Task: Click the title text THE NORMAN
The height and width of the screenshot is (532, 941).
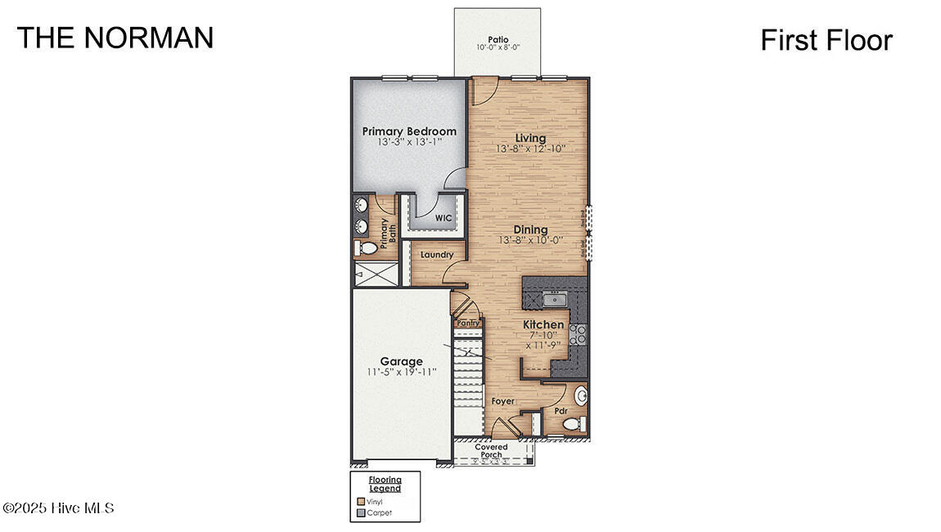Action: tap(115, 38)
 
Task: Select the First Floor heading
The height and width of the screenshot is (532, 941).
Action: tap(826, 40)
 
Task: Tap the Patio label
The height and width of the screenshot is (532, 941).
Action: tap(498, 39)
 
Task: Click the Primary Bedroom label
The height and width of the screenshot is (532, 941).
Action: tap(409, 132)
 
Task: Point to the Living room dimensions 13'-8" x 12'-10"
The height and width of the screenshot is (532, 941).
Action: tap(530, 150)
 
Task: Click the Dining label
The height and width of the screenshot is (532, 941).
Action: tap(530, 230)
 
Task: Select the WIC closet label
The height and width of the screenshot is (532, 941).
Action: tap(443, 218)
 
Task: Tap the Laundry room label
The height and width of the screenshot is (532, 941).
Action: tap(437, 255)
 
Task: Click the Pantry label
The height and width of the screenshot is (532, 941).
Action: tap(468, 323)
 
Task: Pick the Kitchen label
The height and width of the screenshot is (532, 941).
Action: tap(543, 324)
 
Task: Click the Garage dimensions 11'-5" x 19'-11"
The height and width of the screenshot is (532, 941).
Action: tap(401, 372)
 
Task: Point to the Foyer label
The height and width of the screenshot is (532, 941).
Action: tap(502, 401)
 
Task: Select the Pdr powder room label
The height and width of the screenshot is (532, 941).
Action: tap(561, 411)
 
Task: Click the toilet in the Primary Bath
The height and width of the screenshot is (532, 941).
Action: tap(367, 248)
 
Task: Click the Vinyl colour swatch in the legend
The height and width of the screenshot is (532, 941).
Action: tap(360, 501)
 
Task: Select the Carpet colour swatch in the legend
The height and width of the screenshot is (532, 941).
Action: tap(360, 513)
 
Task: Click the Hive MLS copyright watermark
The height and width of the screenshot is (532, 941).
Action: tap(58, 508)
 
